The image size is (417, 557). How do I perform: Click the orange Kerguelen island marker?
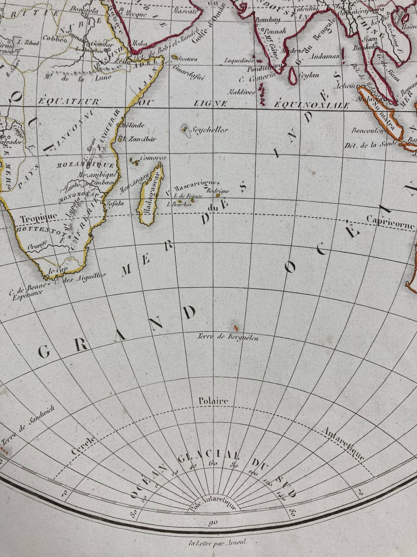coord(236,328)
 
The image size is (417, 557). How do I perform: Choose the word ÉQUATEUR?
coord(68,102)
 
